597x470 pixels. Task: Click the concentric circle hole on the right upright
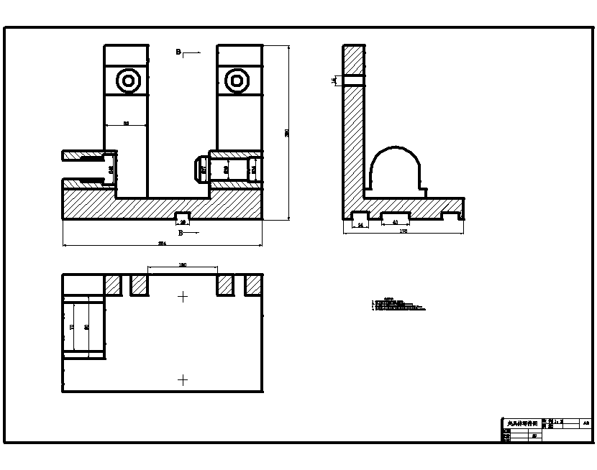(236, 80)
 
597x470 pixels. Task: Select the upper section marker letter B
(178, 52)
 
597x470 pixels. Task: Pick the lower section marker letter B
(181, 234)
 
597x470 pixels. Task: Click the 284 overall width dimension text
(162, 244)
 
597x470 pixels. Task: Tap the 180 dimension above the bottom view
(182, 266)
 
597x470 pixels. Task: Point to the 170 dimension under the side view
(404, 231)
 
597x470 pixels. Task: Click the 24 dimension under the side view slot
(360, 225)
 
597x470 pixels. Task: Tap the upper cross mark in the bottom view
(183, 296)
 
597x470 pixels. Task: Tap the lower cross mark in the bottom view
(183, 380)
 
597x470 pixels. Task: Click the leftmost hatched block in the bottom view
(112, 285)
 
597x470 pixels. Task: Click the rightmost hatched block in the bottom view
(253, 285)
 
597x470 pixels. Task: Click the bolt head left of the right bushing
(199, 169)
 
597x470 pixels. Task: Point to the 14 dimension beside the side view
(334, 80)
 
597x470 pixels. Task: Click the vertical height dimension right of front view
(287, 132)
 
